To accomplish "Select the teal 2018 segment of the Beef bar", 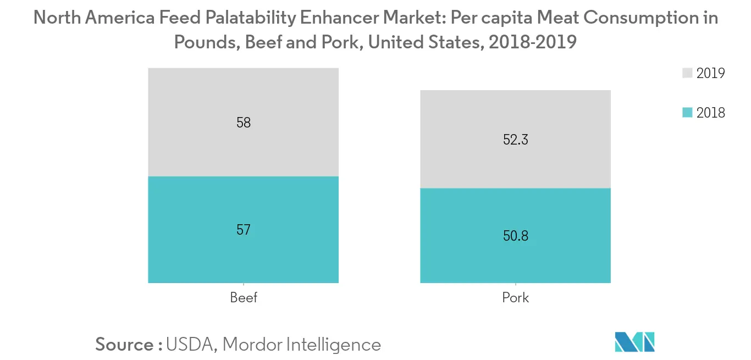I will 243,253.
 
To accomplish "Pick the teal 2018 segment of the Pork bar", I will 515,258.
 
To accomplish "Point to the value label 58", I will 243,123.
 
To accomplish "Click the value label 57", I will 243,230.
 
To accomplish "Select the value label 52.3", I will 515,140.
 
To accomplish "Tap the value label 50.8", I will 515,236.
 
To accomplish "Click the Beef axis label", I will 243,298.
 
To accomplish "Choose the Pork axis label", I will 515,298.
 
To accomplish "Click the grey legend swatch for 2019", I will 687,73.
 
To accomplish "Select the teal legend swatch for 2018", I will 687,113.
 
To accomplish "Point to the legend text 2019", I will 711,73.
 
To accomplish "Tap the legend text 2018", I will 711,113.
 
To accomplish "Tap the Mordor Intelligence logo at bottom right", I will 634,342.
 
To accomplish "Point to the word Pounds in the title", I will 206,42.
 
